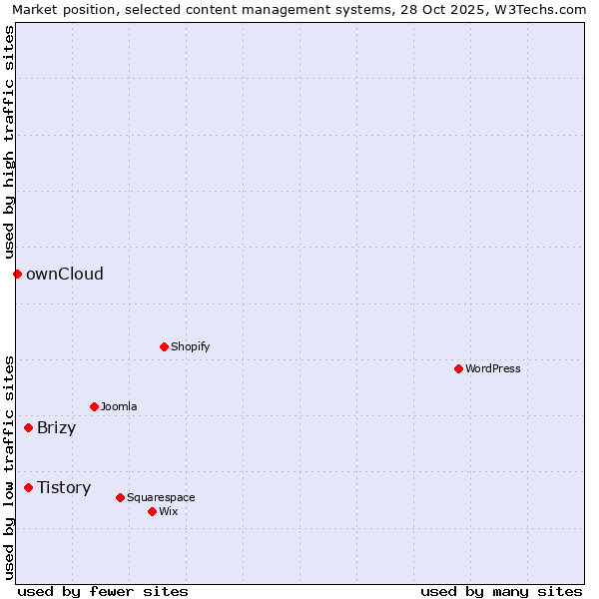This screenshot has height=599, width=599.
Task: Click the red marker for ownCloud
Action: pyautogui.click(x=17, y=274)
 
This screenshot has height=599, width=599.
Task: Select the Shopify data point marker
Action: pyautogui.click(x=164, y=346)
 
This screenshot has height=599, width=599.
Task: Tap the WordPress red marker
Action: pyautogui.click(x=458, y=368)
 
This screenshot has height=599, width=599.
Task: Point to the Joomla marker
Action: pyautogui.click(x=94, y=406)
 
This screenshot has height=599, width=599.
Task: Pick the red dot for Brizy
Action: pyautogui.click(x=28, y=427)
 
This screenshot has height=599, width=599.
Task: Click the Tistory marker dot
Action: pyautogui.click(x=28, y=487)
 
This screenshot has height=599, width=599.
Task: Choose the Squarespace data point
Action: pyautogui.click(x=120, y=497)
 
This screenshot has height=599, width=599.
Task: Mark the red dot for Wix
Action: pyautogui.click(x=152, y=511)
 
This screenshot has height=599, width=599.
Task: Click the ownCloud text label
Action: pyautogui.click(x=65, y=274)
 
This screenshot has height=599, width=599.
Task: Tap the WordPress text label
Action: pyautogui.click(x=493, y=368)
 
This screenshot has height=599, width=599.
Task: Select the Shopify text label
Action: pyautogui.click(x=191, y=346)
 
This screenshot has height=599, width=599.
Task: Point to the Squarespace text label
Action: pyautogui.click(x=161, y=497)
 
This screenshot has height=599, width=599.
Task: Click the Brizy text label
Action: pyautogui.click(x=57, y=428)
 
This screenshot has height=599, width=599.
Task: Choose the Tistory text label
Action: pyautogui.click(x=64, y=487)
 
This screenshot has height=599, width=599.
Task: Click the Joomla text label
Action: pyautogui.click(x=119, y=406)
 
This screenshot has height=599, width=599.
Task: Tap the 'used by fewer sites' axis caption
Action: pyautogui.click(x=103, y=591)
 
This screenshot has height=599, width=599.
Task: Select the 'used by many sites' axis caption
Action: pyautogui.click(x=501, y=591)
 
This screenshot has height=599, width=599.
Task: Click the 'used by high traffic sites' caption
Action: pyautogui.click(x=9, y=143)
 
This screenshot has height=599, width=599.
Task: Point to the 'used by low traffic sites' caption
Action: pyautogui.click(x=9, y=467)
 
